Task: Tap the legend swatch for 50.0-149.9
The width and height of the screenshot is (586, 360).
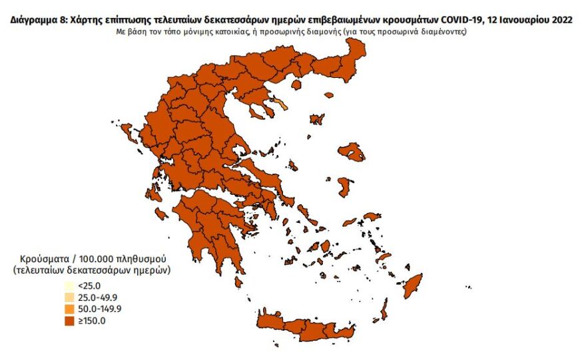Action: [x=69, y=309]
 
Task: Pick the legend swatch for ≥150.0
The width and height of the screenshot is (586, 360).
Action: [x=69, y=321]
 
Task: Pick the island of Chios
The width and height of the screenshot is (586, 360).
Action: [x=345, y=184]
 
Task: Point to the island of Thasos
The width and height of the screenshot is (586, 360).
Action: [x=328, y=95]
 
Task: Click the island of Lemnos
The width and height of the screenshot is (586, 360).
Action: [x=318, y=120]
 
